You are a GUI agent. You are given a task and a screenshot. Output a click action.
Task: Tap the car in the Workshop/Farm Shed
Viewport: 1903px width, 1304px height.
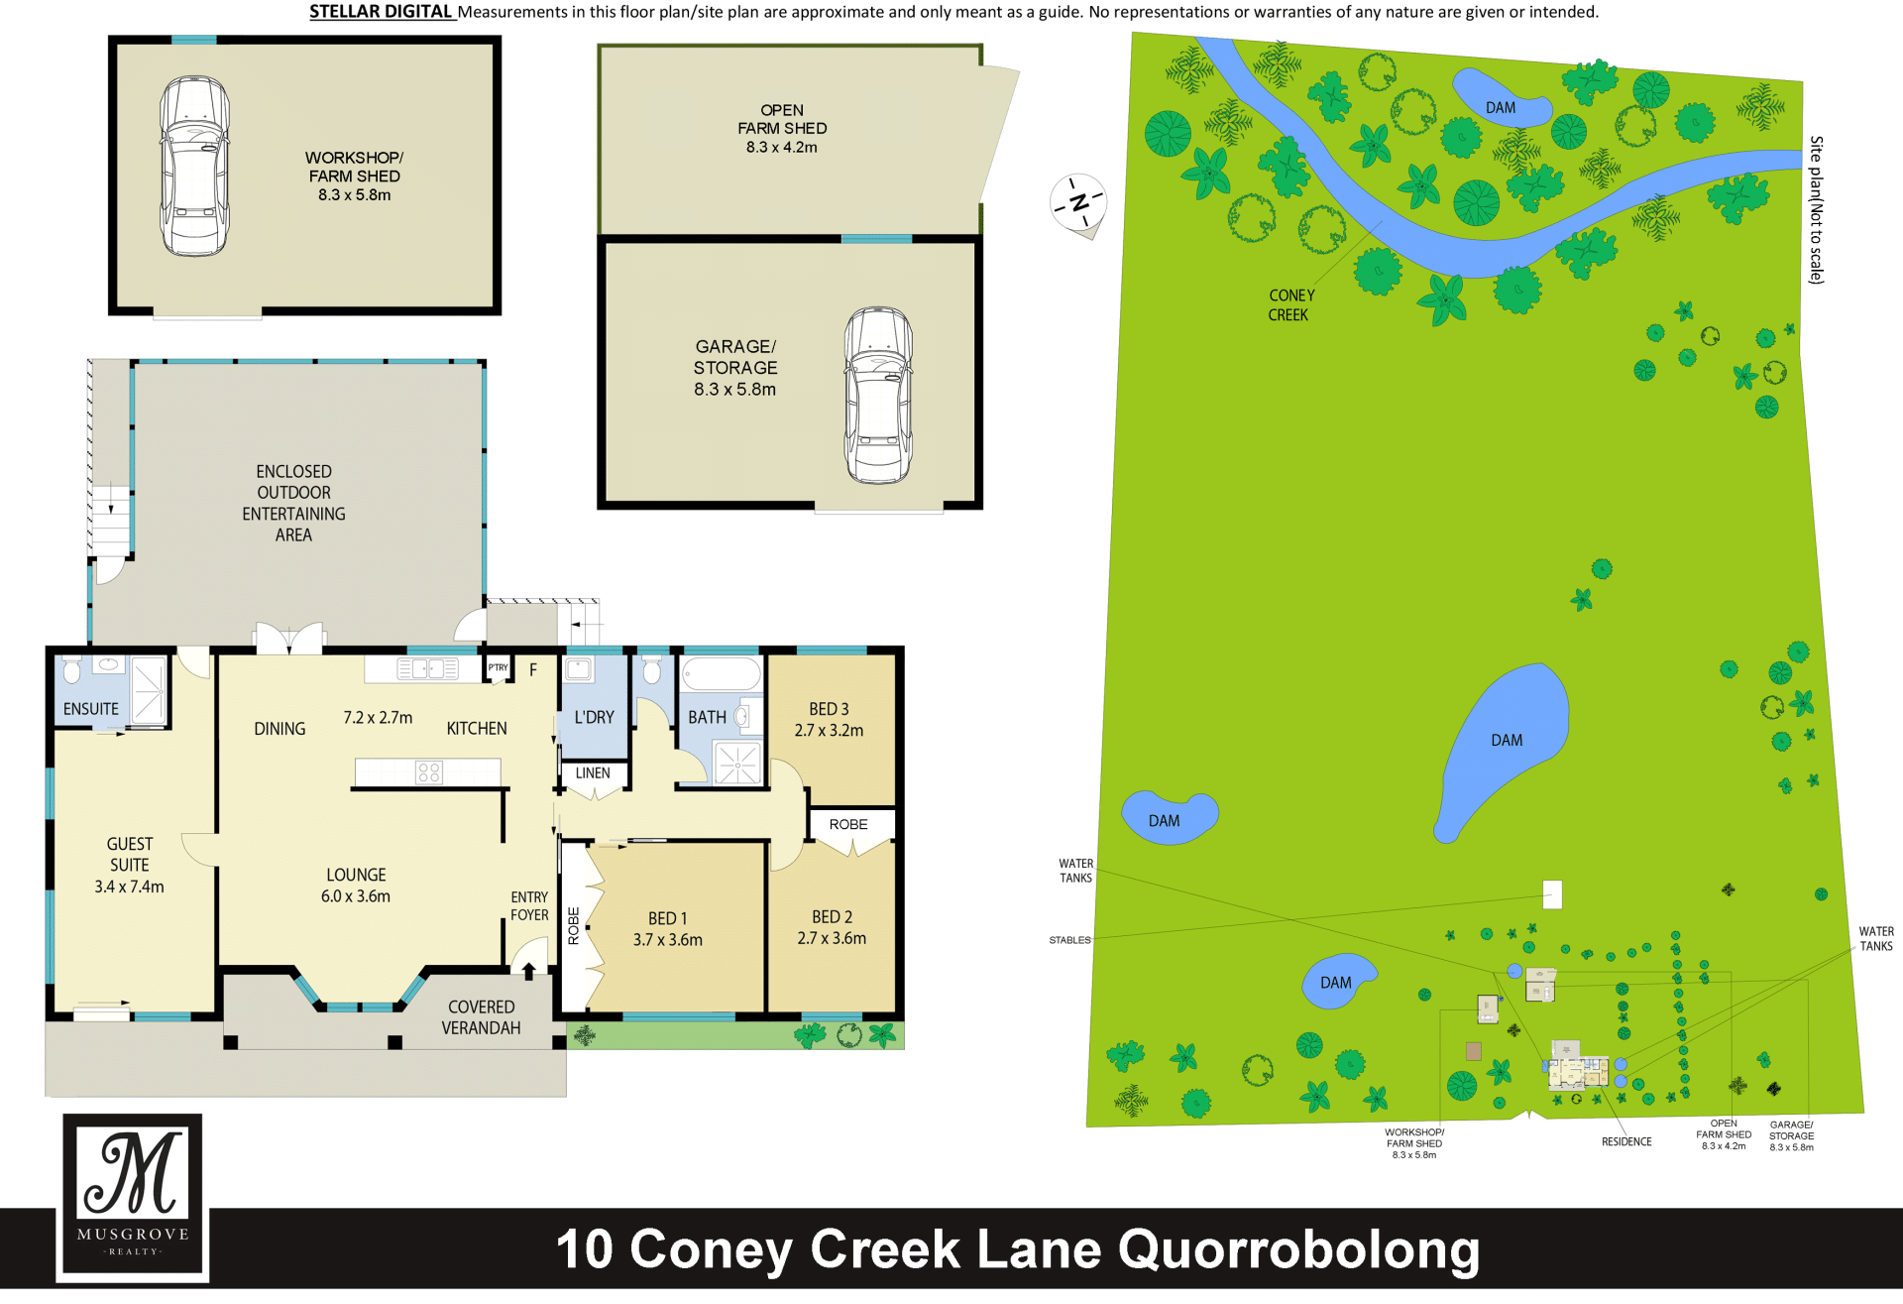click(195, 166)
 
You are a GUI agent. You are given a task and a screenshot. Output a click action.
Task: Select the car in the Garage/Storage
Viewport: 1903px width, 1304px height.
click(878, 395)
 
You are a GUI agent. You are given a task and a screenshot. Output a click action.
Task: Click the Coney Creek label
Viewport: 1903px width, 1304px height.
click(1290, 304)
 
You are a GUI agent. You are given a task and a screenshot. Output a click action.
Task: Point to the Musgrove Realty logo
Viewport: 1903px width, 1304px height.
click(133, 1197)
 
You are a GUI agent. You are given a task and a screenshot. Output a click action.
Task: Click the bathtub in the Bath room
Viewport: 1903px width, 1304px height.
click(722, 674)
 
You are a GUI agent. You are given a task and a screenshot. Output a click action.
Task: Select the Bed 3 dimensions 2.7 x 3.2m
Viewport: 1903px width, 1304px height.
click(829, 731)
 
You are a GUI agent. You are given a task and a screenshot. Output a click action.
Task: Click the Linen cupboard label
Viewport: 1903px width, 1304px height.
click(593, 773)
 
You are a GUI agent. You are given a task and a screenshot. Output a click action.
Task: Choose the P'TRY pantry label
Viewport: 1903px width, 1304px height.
click(498, 668)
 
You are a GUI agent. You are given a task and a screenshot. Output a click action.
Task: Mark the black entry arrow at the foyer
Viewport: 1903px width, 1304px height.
click(529, 971)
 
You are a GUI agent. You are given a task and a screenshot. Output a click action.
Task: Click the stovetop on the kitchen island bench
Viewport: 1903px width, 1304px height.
click(429, 771)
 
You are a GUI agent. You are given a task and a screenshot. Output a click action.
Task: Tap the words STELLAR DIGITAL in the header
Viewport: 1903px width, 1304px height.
click(381, 12)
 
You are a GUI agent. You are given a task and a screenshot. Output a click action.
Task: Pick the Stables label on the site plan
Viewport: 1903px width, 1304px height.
click(1069, 940)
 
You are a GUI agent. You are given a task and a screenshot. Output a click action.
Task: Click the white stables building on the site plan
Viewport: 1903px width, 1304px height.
click(1552, 894)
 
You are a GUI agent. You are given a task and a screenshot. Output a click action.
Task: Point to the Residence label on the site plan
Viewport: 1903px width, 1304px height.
click(1626, 1141)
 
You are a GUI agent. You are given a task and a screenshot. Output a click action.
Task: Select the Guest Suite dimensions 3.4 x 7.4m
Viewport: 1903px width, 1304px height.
click(130, 887)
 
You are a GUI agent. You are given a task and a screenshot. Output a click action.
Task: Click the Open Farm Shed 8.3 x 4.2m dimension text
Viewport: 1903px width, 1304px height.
click(782, 147)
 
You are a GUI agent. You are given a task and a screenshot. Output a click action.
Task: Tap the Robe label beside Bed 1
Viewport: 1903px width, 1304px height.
click(574, 925)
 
